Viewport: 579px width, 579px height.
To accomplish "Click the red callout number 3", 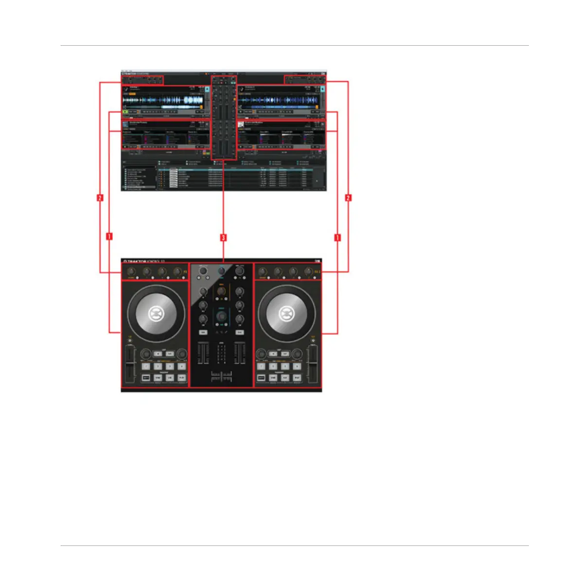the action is tap(223, 238).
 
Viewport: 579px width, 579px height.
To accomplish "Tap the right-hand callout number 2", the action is tap(348, 198).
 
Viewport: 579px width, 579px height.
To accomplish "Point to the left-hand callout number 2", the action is tap(100, 198).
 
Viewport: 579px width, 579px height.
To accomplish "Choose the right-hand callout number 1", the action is tap(337, 238).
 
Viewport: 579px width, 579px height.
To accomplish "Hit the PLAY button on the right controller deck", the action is tap(297, 378).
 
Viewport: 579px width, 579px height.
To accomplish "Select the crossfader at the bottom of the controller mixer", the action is tap(221, 376).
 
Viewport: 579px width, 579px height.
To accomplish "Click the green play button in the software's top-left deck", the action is tap(125, 112).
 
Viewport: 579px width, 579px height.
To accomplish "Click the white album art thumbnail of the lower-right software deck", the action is tap(241, 124).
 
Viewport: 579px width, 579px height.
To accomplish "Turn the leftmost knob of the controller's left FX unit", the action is tap(131, 272).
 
